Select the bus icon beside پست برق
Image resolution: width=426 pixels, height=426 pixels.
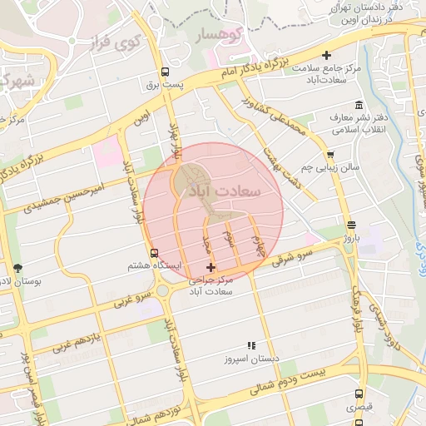[x=166, y=72]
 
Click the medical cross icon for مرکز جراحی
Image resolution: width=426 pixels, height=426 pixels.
[x=210, y=268]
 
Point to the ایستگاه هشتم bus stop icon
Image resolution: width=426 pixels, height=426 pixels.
[x=154, y=253]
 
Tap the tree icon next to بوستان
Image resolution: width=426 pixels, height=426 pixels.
[x=18, y=268]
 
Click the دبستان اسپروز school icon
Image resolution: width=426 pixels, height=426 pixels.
[x=250, y=346]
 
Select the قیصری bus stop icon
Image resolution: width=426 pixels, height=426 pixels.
[x=359, y=394]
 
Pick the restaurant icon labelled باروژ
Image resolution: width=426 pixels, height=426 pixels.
[x=350, y=225]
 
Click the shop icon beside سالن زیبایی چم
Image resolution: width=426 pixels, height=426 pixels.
[x=330, y=154]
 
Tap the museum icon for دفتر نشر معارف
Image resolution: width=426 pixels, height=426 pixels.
[x=359, y=106]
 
